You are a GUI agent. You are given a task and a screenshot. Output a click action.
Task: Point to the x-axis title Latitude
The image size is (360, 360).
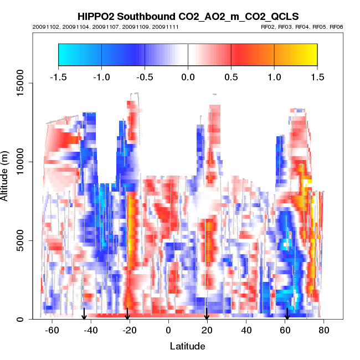click(x=187, y=346)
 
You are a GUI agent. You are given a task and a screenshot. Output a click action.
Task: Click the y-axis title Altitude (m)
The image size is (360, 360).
click(x=7, y=175)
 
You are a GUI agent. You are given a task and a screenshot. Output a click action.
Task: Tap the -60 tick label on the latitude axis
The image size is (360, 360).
click(x=52, y=330)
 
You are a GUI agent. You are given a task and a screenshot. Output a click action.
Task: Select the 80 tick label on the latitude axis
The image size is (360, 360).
click(x=324, y=330)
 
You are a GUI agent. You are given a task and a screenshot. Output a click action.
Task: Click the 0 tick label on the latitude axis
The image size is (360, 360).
click(x=168, y=330)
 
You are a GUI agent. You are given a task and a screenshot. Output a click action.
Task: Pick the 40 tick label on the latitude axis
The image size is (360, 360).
click(x=246, y=330)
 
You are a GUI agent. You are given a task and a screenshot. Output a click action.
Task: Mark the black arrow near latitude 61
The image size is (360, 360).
click(x=287, y=314)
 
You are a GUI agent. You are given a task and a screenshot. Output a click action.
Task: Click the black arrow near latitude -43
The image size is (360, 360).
click(x=84, y=314)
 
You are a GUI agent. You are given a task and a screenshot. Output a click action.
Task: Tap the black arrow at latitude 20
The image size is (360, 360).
click(x=207, y=314)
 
